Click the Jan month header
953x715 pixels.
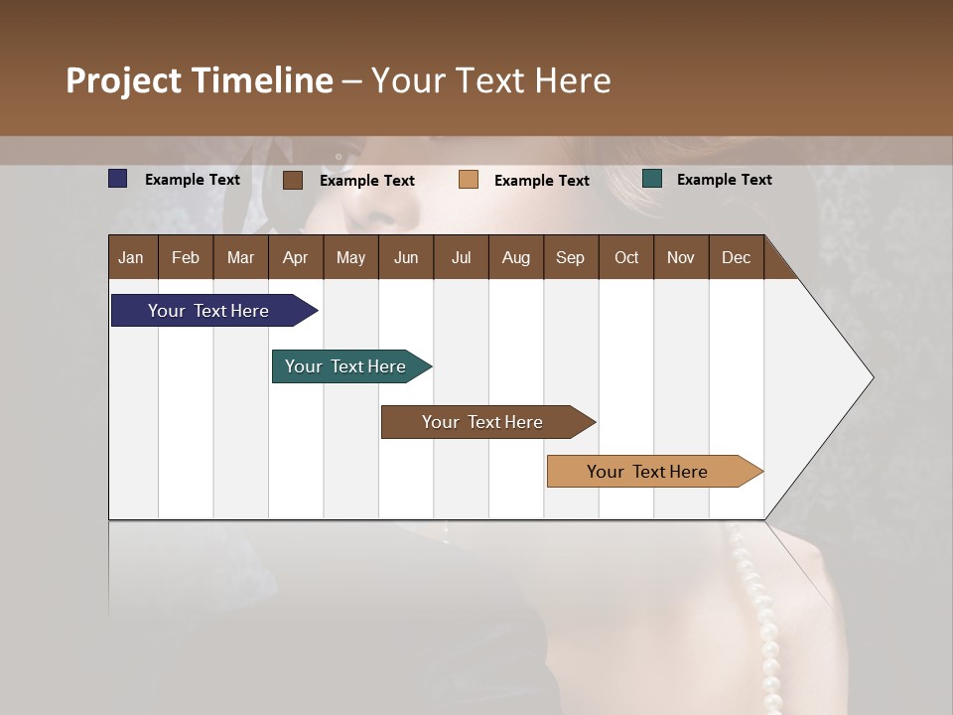point(131,257)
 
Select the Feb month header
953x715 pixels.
point(186,257)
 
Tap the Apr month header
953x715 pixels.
point(295,257)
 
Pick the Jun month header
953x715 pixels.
point(406,257)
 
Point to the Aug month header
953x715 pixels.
point(515,257)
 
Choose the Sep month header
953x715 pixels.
point(570,257)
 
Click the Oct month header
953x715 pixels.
point(626,257)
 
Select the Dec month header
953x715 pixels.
point(736,257)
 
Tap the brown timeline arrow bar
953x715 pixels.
point(483,422)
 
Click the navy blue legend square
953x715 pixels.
point(118,179)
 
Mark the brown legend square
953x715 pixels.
point(293,180)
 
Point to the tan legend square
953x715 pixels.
point(469,180)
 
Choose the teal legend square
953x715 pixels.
point(652,179)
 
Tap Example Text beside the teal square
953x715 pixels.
point(724,180)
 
